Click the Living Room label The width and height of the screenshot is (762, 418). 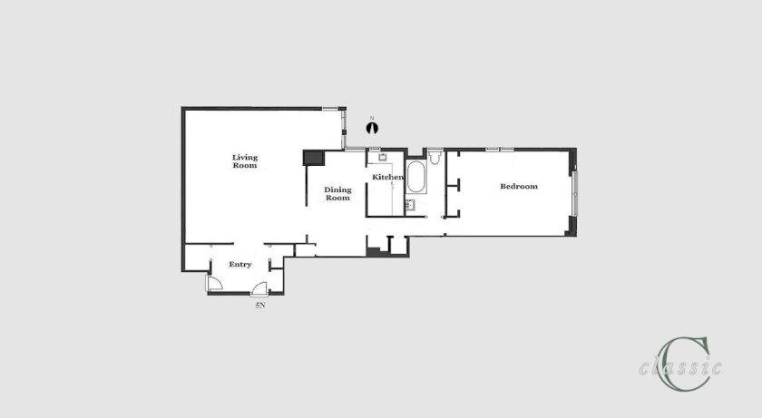tap(245, 161)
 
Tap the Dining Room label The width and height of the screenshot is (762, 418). tap(337, 194)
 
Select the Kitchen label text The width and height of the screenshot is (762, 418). tap(387, 177)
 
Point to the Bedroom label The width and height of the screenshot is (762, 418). tap(519, 186)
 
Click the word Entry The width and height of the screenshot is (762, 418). tap(240, 264)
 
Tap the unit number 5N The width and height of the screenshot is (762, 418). tap(260, 306)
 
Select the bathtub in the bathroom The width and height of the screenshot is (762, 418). tap(416, 177)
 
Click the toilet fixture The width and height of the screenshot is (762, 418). tap(435, 157)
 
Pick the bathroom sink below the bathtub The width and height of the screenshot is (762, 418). tap(411, 205)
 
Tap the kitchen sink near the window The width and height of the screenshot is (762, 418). tap(383, 157)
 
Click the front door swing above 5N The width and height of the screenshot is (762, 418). tap(259, 288)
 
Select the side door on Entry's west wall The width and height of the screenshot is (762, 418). tap(214, 283)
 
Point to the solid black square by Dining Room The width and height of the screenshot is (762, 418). tap(314, 158)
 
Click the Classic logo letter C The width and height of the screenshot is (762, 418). tap(682, 365)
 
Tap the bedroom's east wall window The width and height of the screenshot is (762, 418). tap(574, 193)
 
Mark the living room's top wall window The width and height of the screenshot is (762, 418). tap(330, 108)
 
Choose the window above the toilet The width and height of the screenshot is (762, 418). tap(435, 149)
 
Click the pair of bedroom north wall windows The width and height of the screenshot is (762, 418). tap(500, 149)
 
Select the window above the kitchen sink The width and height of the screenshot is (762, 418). tap(375, 149)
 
